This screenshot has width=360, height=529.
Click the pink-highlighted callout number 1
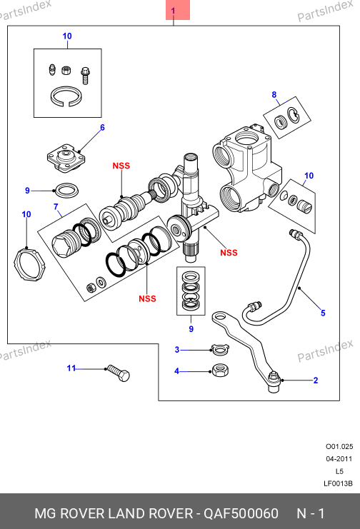pyautogui.click(x=174, y=11)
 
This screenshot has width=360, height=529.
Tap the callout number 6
pyautogui.click(x=102, y=128)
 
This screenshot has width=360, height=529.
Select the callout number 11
pyautogui.click(x=71, y=368)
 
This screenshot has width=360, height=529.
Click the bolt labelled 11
pyautogui.click(x=118, y=373)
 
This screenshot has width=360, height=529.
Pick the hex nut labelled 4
pyautogui.click(x=220, y=371)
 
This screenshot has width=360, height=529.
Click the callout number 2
pyautogui.click(x=316, y=381)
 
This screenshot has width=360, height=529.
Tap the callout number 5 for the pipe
pyautogui.click(x=323, y=313)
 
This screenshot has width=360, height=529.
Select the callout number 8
pyautogui.click(x=274, y=95)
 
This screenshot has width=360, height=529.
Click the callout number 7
pyautogui.click(x=56, y=206)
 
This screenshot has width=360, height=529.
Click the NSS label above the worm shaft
pyautogui.click(x=121, y=166)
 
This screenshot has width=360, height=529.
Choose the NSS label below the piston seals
pyautogui.click(x=148, y=298)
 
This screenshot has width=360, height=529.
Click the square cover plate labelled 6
pyautogui.click(x=66, y=158)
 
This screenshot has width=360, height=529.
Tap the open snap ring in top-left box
pyautogui.click(x=66, y=96)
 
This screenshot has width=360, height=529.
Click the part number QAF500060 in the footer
pyautogui.click(x=241, y=513)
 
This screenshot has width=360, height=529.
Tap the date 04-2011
pyautogui.click(x=339, y=459)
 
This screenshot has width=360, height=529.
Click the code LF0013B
pyautogui.click(x=338, y=483)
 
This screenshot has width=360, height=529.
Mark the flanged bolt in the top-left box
pyautogui.click(x=85, y=76)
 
